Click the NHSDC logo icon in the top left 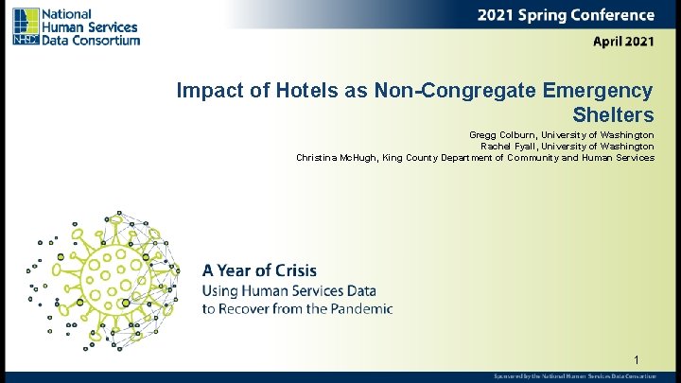[x=26, y=26]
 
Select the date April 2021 [x=622, y=42]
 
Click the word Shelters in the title [x=613, y=115]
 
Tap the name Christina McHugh [x=336, y=158]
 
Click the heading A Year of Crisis [x=259, y=270]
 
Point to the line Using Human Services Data [x=288, y=290]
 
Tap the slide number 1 [x=637, y=359]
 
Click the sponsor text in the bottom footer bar [x=574, y=376]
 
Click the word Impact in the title [x=204, y=91]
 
